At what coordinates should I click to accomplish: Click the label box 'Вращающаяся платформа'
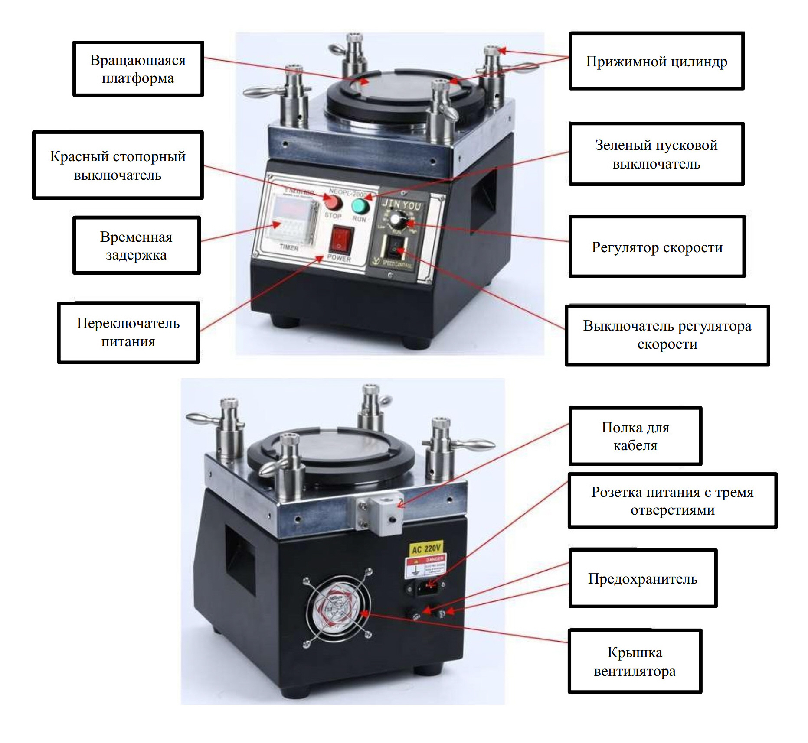pos(138,69)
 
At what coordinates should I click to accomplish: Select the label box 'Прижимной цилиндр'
pos(656,61)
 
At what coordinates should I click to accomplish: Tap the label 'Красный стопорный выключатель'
pos(118,165)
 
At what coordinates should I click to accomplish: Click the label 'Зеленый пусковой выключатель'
pos(656,154)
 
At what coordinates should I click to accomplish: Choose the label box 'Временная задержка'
pos(136,245)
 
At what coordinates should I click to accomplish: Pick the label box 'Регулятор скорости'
pos(657,247)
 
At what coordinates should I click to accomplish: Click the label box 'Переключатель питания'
pos(128,332)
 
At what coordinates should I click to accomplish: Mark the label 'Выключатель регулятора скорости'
pos(667,335)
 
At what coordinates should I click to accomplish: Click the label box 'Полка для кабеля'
pos(635,436)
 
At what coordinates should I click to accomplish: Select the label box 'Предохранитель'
pos(642,578)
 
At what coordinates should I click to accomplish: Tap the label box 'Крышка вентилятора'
pos(635,661)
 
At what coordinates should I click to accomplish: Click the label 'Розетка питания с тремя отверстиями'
pos(672,500)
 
